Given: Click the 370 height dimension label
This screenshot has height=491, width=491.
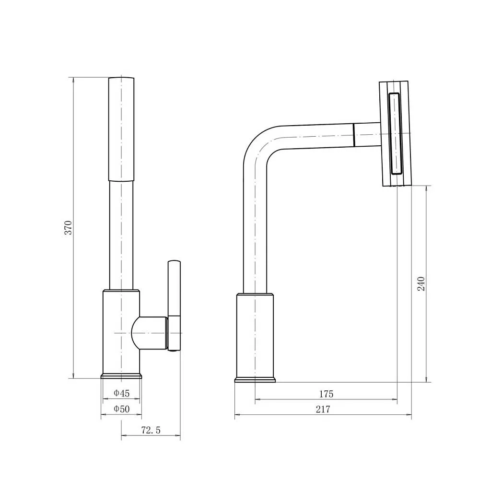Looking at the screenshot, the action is pos(68,228).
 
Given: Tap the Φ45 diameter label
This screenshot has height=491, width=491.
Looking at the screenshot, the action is pos(121,393).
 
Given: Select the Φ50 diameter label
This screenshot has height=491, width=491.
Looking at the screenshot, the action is pos(121,409).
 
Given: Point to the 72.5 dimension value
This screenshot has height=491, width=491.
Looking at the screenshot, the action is pos(151,430).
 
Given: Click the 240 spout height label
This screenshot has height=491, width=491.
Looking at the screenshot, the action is pos(421,284).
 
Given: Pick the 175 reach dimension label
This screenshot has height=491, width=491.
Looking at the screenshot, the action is pos(326,394).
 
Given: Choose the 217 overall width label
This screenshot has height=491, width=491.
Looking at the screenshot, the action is pos(323,409).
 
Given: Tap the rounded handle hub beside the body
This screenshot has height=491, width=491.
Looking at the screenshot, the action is pos(149,333).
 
